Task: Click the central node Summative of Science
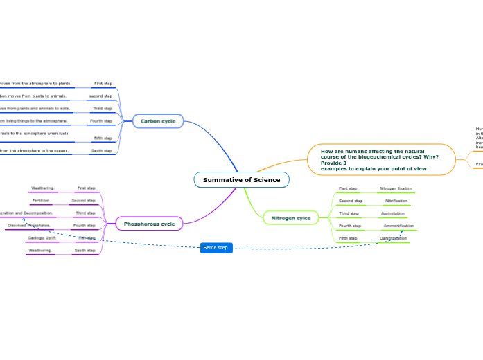tap(241, 180)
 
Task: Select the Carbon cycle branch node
tap(158, 121)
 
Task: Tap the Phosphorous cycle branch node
tap(149, 224)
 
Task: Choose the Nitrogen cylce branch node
tap(290, 218)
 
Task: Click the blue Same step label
tap(216, 247)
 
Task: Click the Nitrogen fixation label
tap(395, 188)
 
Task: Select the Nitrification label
tap(396, 201)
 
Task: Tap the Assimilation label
tap(393, 213)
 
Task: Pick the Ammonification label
tap(398, 226)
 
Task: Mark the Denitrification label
tap(393, 238)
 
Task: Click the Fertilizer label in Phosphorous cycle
tap(40, 200)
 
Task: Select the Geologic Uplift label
tap(42, 237)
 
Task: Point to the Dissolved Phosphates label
tap(29, 225)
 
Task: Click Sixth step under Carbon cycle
tap(102, 150)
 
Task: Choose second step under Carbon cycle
tap(100, 96)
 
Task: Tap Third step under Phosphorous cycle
tap(85, 213)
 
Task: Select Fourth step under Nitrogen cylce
tap(350, 226)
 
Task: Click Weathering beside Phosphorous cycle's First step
tap(43, 188)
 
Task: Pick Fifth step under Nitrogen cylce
tap(348, 238)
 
